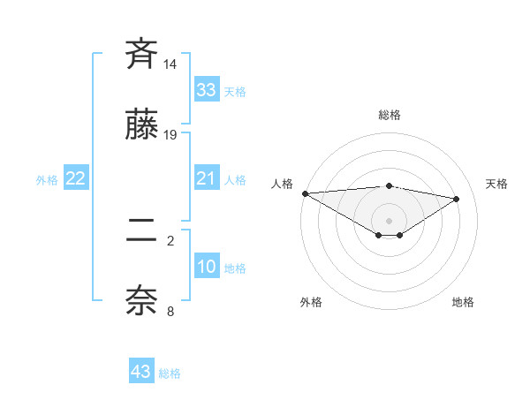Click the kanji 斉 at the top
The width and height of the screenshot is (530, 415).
(142, 55)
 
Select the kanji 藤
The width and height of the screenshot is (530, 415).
(142, 127)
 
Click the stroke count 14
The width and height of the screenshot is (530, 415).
(170, 64)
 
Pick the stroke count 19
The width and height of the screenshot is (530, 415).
(170, 135)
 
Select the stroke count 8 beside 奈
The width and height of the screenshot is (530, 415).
(170, 311)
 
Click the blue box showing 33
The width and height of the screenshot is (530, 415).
(207, 90)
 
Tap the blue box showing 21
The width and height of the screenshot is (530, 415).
(207, 179)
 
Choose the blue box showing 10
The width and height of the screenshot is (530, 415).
(207, 268)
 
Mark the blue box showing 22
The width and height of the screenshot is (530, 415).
(76, 179)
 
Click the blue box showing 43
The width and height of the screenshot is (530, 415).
(141, 372)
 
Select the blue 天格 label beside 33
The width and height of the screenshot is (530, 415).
(235, 92)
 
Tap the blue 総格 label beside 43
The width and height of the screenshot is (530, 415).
(170, 373)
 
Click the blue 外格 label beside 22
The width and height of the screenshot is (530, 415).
(47, 180)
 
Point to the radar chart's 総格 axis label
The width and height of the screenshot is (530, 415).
(390, 115)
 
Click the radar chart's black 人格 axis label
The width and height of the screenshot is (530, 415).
(283, 184)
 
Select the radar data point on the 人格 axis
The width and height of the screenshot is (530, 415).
(305, 193)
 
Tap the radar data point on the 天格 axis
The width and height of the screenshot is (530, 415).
(457, 199)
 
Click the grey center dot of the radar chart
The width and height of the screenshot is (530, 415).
(390, 220)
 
